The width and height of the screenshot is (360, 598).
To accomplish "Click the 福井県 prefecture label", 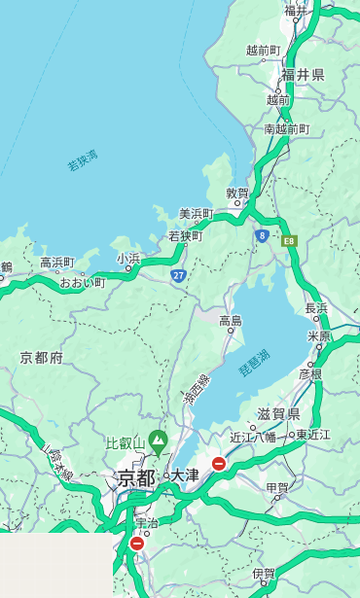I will [303, 75].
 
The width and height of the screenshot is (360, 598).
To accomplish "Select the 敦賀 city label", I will [237, 193].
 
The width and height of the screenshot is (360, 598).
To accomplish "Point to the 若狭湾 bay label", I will [83, 160].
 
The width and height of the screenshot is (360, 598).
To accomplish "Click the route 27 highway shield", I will [178, 275].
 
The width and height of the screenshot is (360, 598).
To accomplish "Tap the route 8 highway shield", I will [262, 235].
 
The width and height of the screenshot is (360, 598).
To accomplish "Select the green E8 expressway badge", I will [289, 240].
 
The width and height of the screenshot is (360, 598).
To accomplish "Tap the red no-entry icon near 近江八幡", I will [219, 464].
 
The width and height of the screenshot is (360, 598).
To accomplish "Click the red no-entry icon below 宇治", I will [136, 544].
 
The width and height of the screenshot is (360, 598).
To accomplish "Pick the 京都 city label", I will [136, 477].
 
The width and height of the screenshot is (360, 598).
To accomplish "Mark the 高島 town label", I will [231, 320].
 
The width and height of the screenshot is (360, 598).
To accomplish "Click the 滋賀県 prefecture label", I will [279, 414].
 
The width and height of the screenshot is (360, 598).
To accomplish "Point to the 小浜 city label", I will [128, 258].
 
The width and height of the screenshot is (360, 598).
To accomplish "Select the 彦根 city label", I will [310, 373].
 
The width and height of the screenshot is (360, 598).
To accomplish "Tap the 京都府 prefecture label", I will [42, 358].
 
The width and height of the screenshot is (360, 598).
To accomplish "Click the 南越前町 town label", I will [286, 128].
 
